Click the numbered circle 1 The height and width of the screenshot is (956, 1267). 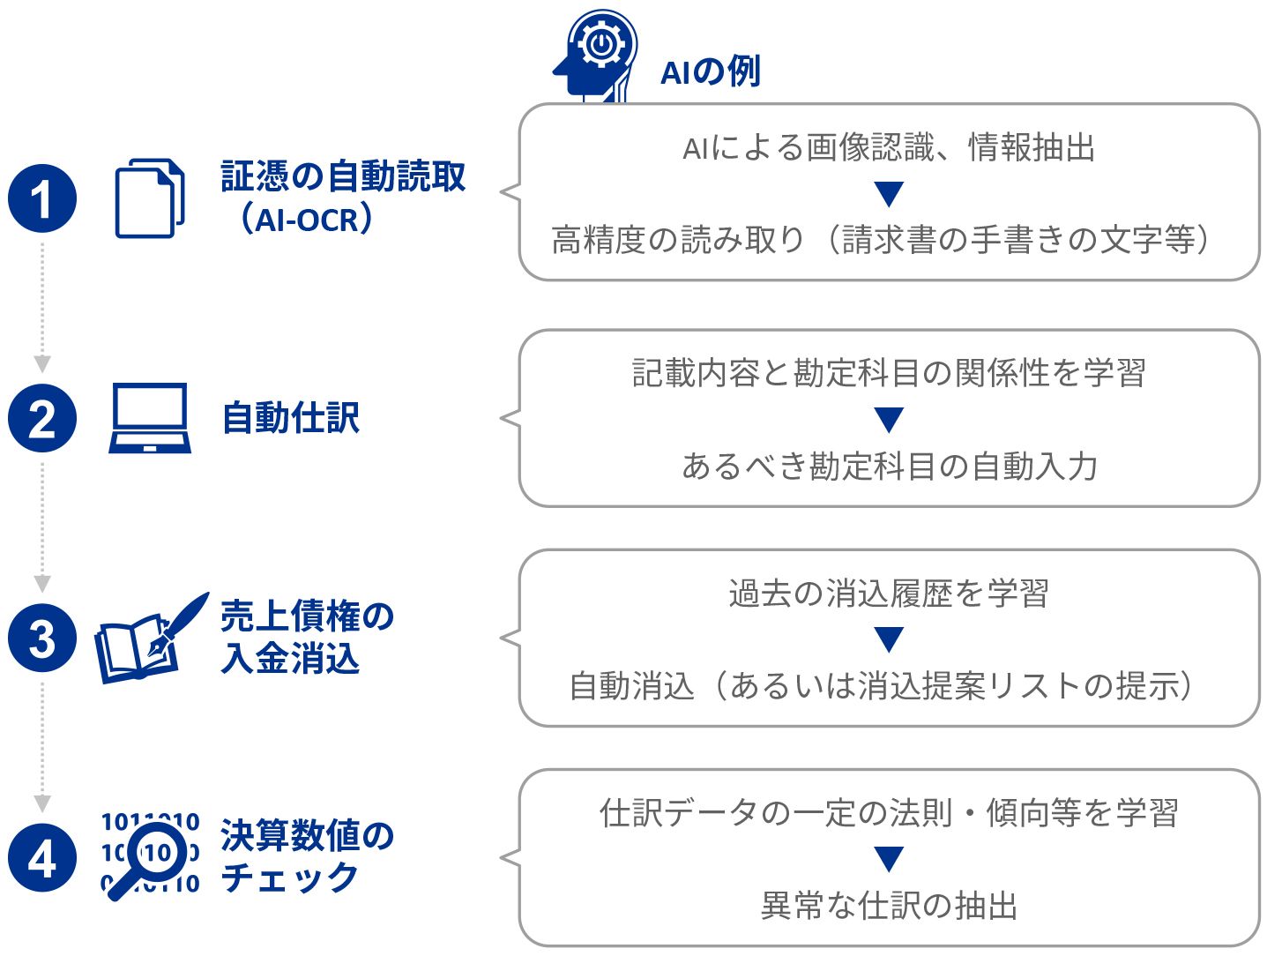[42, 198]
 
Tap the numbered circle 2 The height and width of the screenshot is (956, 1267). [42, 419]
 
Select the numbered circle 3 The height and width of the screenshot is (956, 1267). [42, 639]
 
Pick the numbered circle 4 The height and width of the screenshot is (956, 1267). [42, 858]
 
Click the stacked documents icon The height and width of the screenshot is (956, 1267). [150, 198]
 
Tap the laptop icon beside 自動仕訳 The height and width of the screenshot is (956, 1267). [150, 418]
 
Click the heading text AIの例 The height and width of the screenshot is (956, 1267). [711, 71]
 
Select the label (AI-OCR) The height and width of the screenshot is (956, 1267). [306, 219]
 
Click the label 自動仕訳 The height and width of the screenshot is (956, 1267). [291, 418]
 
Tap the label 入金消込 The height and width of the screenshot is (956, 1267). [291, 659]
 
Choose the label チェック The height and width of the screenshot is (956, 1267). [290, 878]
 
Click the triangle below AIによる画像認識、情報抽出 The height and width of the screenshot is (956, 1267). [889, 193]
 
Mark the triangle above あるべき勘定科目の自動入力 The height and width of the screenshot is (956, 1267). [889, 419]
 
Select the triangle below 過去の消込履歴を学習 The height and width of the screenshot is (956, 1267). [889, 639]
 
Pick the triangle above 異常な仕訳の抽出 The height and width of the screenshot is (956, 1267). [889, 858]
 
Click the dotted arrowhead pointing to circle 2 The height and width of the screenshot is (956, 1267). [42, 363]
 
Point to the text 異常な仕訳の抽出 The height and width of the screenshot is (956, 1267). [889, 906]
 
